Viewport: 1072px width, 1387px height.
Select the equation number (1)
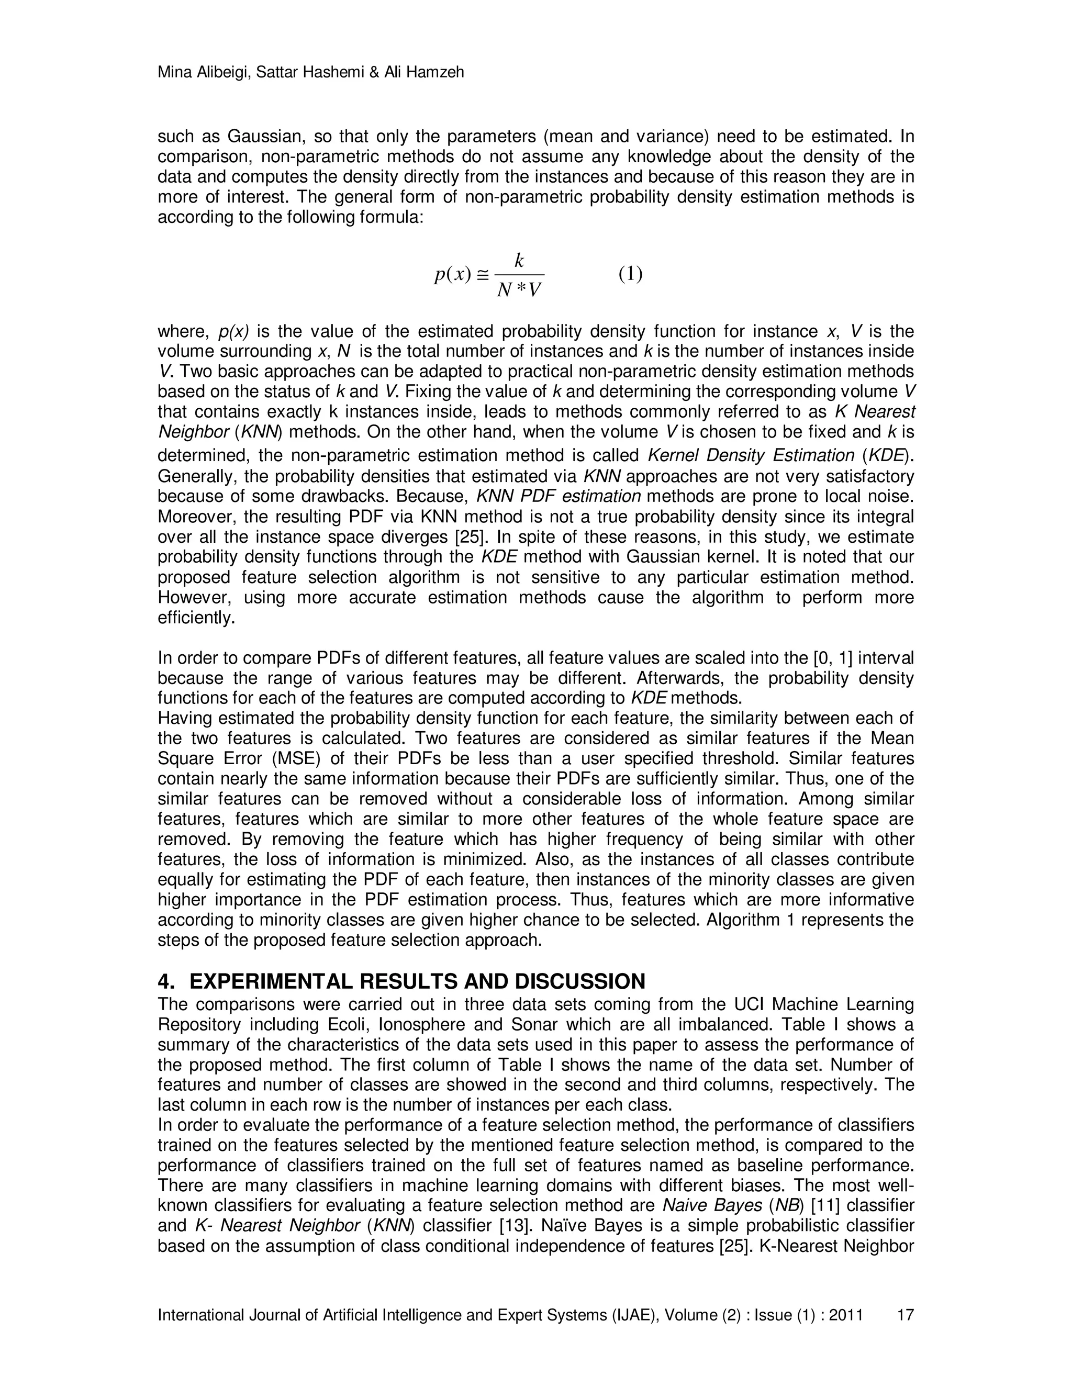click(x=631, y=274)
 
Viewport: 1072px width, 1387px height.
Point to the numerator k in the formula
click(x=519, y=260)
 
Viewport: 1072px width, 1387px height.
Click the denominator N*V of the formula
click(x=519, y=290)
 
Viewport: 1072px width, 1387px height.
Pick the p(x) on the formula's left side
click(x=453, y=274)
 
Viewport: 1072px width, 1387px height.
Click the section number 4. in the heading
click(x=166, y=982)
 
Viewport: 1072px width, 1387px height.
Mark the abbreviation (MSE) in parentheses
click(x=280, y=759)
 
